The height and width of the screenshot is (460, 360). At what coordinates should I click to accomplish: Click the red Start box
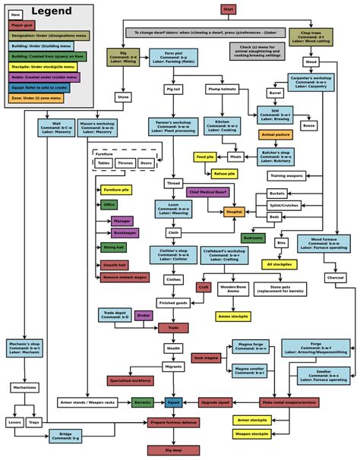click(x=227, y=8)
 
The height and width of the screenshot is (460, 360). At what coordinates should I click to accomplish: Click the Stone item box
click(x=123, y=97)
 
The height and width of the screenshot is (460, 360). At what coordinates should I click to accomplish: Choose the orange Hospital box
click(x=234, y=212)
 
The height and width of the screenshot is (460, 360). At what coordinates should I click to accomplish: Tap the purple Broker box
click(x=144, y=315)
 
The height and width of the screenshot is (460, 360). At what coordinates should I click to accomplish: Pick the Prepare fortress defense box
click(x=173, y=421)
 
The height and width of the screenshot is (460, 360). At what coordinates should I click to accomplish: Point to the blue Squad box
click(x=173, y=402)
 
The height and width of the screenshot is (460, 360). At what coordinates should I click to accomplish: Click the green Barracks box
click(x=143, y=402)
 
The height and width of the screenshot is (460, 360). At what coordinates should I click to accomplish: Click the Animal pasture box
click(x=275, y=134)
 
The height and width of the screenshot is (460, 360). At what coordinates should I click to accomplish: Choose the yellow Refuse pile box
click(x=225, y=174)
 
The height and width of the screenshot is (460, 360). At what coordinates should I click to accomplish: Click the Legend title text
click(x=51, y=11)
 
